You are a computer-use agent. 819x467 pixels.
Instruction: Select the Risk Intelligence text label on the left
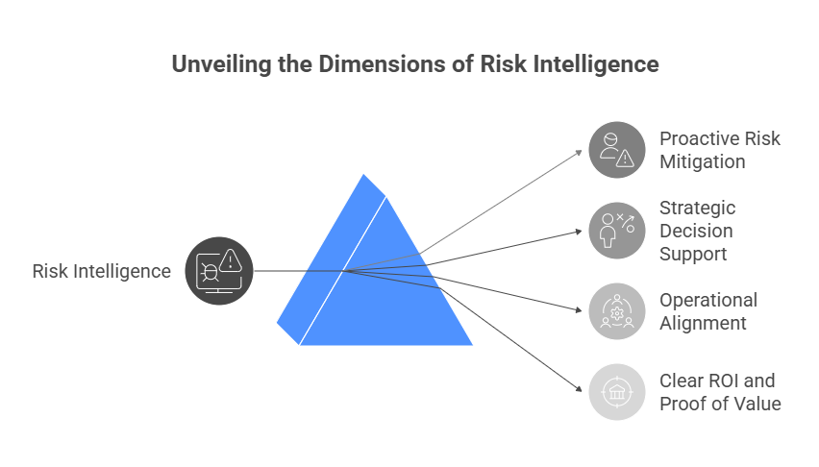(101, 271)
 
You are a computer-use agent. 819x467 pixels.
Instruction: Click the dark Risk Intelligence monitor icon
(218, 270)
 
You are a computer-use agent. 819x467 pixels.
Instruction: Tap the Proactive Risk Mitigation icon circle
(616, 150)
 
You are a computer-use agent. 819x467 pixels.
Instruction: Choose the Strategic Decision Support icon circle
(616, 231)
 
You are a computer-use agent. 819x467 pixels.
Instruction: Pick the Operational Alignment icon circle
(616, 311)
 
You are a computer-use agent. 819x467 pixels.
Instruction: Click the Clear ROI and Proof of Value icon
(616, 392)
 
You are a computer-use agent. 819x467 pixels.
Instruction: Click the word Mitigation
(702, 161)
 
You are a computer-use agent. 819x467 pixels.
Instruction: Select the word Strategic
(697, 208)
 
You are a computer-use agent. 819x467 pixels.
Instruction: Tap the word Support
(692, 254)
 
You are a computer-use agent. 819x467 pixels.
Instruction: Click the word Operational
(708, 300)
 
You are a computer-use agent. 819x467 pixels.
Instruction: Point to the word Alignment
(703, 323)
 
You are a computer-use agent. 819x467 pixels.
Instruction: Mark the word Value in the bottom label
(756, 404)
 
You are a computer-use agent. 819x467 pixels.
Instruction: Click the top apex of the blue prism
(363, 174)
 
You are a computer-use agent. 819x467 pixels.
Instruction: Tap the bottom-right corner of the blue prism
(472, 344)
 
